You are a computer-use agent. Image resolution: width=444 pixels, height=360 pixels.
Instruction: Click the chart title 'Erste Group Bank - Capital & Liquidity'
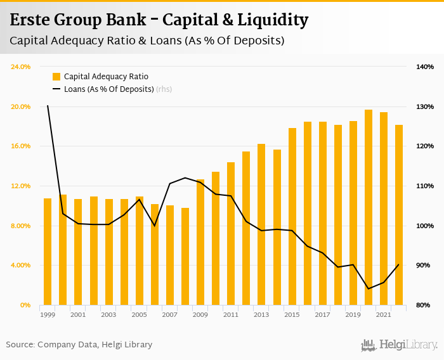coord(159,20)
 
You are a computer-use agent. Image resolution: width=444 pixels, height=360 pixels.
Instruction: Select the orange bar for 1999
coord(48,252)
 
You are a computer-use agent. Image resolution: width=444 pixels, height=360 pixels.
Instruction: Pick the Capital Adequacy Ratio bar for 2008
coord(185,256)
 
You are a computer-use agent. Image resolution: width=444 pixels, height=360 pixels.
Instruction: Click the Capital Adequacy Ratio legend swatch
coord(56,77)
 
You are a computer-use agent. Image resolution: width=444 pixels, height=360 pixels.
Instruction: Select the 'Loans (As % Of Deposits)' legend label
coord(109,89)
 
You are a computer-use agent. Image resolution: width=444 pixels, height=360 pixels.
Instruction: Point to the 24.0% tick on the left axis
coord(21,67)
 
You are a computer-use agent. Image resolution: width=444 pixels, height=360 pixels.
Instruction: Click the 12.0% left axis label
coord(21,186)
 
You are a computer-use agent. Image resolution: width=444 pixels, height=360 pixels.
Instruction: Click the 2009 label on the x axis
coord(200,314)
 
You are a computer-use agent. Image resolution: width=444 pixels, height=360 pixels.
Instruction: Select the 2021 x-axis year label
coord(383,314)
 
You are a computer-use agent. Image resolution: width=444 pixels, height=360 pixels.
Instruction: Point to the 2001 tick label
coord(78,314)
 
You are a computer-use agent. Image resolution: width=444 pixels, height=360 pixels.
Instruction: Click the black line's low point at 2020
coord(369,289)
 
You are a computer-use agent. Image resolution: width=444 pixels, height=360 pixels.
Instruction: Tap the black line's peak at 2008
coord(185,177)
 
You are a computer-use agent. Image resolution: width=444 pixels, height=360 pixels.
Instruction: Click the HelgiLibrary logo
coord(399,345)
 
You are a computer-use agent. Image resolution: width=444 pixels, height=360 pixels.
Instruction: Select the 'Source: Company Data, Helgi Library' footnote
coord(79,345)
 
